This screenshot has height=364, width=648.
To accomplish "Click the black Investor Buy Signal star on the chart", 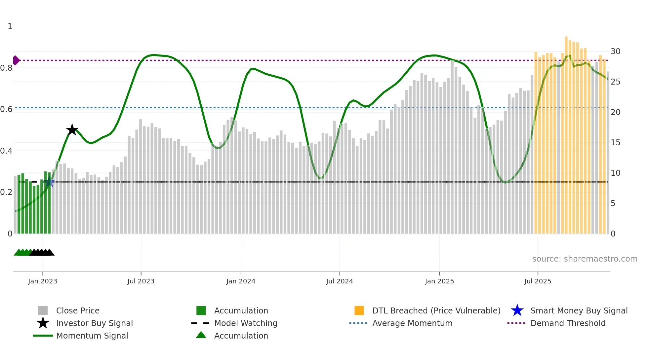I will coord(72,130).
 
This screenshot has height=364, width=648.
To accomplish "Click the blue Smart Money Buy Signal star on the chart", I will coord(50,182).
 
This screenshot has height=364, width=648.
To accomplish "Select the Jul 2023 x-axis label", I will coord(141,281).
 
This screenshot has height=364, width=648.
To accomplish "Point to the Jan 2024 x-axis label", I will coord(241,281).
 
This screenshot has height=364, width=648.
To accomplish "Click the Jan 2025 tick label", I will coord(439,281).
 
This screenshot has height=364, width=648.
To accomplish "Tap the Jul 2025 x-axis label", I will coord(538,281).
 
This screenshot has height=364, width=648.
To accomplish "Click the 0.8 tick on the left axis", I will coord(6,68).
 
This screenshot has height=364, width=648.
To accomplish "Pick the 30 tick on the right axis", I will coord(615,52).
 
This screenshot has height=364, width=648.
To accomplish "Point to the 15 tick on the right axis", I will coord(615,143).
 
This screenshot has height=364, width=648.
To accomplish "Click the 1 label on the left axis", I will coord(10,26).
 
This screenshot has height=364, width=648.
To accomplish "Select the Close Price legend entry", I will coord(78,310).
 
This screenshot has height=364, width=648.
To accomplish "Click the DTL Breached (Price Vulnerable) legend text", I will coord(436,310).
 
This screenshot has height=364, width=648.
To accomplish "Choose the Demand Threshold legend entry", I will coord(568,323).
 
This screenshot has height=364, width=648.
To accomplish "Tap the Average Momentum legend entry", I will coord(412,323).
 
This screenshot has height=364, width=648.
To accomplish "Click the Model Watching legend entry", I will coord(245,323).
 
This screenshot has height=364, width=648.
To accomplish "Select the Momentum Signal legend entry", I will coord(92,336).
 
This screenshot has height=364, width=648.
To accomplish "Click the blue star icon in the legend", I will coord(517,310).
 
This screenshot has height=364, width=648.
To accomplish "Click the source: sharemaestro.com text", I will coord(585,259).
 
